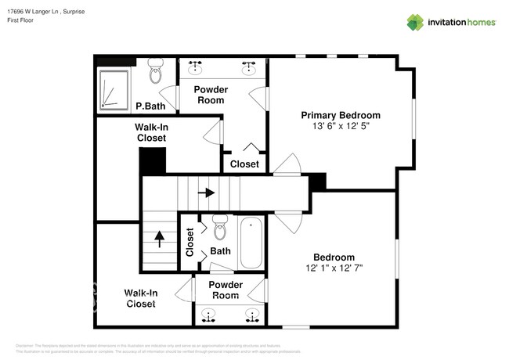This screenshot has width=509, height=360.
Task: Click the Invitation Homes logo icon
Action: pyautogui.click(x=415, y=22)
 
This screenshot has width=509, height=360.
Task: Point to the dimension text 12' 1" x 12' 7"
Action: pyautogui.click(x=334, y=268)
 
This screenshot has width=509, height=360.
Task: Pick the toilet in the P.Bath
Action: pyautogui.click(x=155, y=72)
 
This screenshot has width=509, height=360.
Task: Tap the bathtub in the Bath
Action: pyautogui.click(x=251, y=243)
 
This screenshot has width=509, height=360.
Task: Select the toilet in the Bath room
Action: pyautogui.click(x=219, y=228)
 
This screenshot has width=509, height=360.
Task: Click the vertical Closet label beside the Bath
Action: pyautogui.click(x=190, y=243)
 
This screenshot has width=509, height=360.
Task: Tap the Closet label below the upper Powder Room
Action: pyautogui.click(x=244, y=164)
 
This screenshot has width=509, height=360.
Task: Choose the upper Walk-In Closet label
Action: pyautogui.click(x=151, y=132)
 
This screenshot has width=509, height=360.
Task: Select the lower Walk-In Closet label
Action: pyautogui.click(x=141, y=298)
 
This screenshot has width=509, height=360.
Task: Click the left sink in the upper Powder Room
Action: pyautogui.click(x=196, y=67)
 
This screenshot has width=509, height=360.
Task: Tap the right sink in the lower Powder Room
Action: pyautogui.click(x=252, y=315)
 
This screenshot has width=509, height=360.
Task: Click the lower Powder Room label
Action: pyautogui.click(x=226, y=290)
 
